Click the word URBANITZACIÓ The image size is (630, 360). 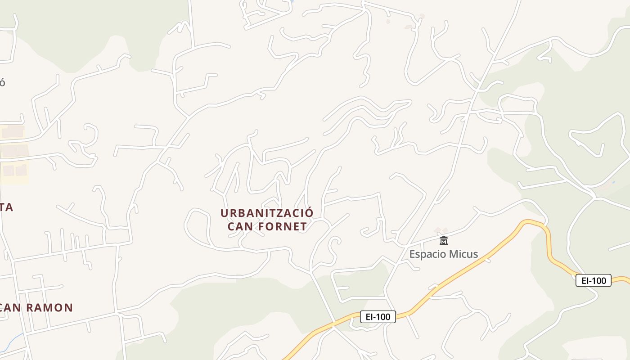pos(267,212)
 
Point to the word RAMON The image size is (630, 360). pos(49,308)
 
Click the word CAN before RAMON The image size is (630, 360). pos(12,308)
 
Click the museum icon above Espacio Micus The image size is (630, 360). pos(444,240)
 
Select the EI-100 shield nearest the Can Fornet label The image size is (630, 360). pos(378,317)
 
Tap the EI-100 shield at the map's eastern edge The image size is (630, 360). pos(594,281)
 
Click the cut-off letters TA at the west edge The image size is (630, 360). pos(6,207)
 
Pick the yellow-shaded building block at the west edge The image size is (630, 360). pos(13,171)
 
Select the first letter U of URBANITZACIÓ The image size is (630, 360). pos(225,212)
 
